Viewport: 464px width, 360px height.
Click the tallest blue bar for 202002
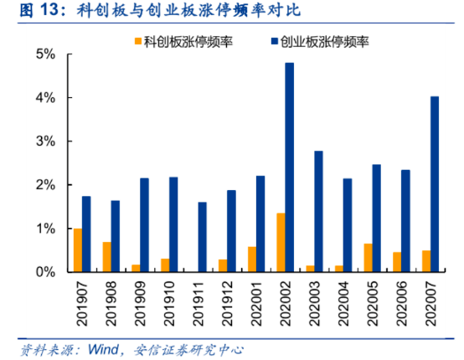click(x=290, y=167)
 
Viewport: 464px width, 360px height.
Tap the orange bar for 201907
click(x=78, y=250)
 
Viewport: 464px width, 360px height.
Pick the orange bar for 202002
click(x=281, y=243)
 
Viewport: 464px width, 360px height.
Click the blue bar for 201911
click(x=202, y=237)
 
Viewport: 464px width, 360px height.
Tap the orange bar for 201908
click(x=106, y=257)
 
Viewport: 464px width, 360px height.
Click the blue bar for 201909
click(x=144, y=225)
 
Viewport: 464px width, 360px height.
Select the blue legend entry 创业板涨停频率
click(x=317, y=39)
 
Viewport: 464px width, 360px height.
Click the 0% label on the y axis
click(x=44, y=272)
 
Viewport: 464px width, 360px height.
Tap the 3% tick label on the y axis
click(x=44, y=141)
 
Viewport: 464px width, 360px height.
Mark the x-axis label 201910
click(x=168, y=304)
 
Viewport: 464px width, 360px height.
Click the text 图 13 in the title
click(x=26, y=10)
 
